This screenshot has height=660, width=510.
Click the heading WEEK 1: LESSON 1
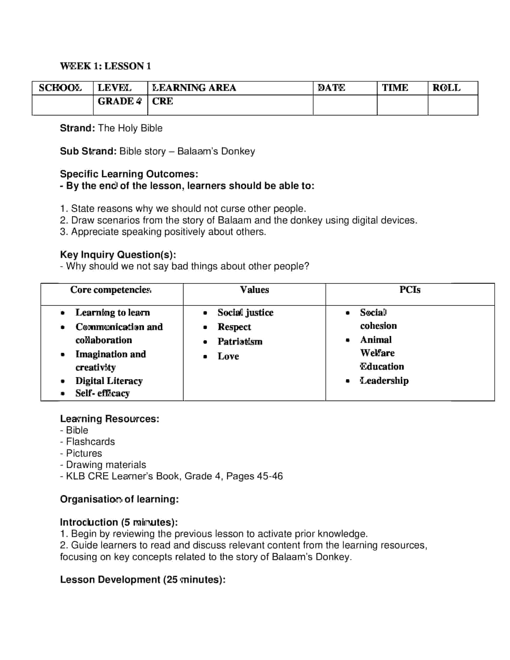click(105, 66)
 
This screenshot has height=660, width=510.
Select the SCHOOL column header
click(60, 88)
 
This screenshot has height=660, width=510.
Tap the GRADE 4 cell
click(119, 101)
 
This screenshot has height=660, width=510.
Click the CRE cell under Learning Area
click(163, 101)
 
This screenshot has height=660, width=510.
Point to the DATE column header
click(331, 88)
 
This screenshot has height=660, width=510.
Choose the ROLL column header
click(447, 88)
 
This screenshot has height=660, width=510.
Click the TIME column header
click(395, 88)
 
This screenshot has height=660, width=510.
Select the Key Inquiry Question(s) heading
click(118, 254)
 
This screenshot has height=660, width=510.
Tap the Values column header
click(254, 290)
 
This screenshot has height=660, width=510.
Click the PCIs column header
click(410, 290)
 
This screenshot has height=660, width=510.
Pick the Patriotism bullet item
click(240, 341)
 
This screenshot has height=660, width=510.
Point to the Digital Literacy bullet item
click(109, 381)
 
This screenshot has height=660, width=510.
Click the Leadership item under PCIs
click(384, 380)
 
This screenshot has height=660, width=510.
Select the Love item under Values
click(228, 356)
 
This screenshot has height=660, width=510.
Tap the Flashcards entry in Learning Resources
click(90, 442)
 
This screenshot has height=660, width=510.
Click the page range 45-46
click(269, 476)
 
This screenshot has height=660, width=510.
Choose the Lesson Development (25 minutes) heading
click(142, 580)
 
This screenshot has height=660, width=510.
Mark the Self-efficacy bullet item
click(102, 393)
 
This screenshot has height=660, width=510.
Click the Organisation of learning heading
click(119, 499)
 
